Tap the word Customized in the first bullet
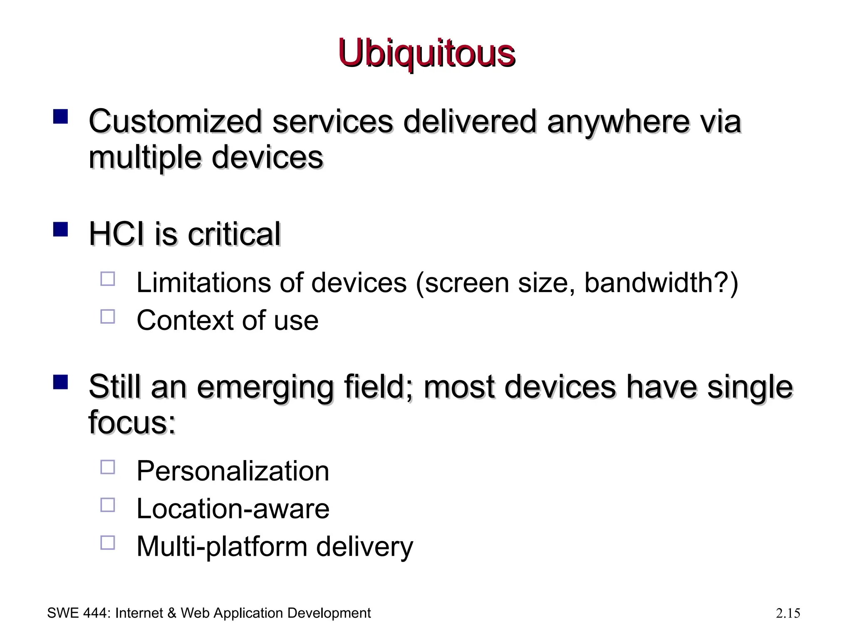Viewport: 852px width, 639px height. click(x=175, y=121)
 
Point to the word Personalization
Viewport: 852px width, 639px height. click(x=233, y=471)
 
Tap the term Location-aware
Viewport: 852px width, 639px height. click(x=233, y=509)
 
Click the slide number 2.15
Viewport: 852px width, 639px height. click(x=788, y=613)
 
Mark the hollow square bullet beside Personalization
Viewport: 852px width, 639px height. click(x=108, y=467)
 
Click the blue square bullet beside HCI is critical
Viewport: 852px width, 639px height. click(x=61, y=229)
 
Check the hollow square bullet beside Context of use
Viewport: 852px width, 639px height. click(x=108, y=317)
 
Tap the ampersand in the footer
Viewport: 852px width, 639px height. click(x=172, y=613)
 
